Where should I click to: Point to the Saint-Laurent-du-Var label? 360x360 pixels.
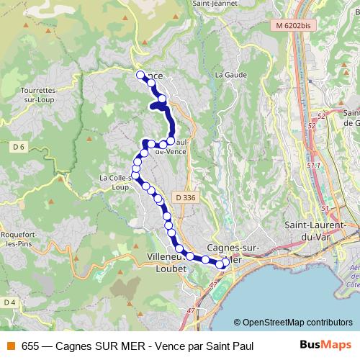point(321,230)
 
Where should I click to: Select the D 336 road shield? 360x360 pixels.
point(184,197)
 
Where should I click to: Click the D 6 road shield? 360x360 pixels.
point(19,146)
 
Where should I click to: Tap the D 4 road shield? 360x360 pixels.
point(9,302)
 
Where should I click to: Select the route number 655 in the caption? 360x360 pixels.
point(30,346)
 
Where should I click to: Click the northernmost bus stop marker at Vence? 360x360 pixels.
point(140,74)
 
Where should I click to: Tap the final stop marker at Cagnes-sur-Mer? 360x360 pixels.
point(225,263)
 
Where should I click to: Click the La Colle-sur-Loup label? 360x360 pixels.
point(117,182)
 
